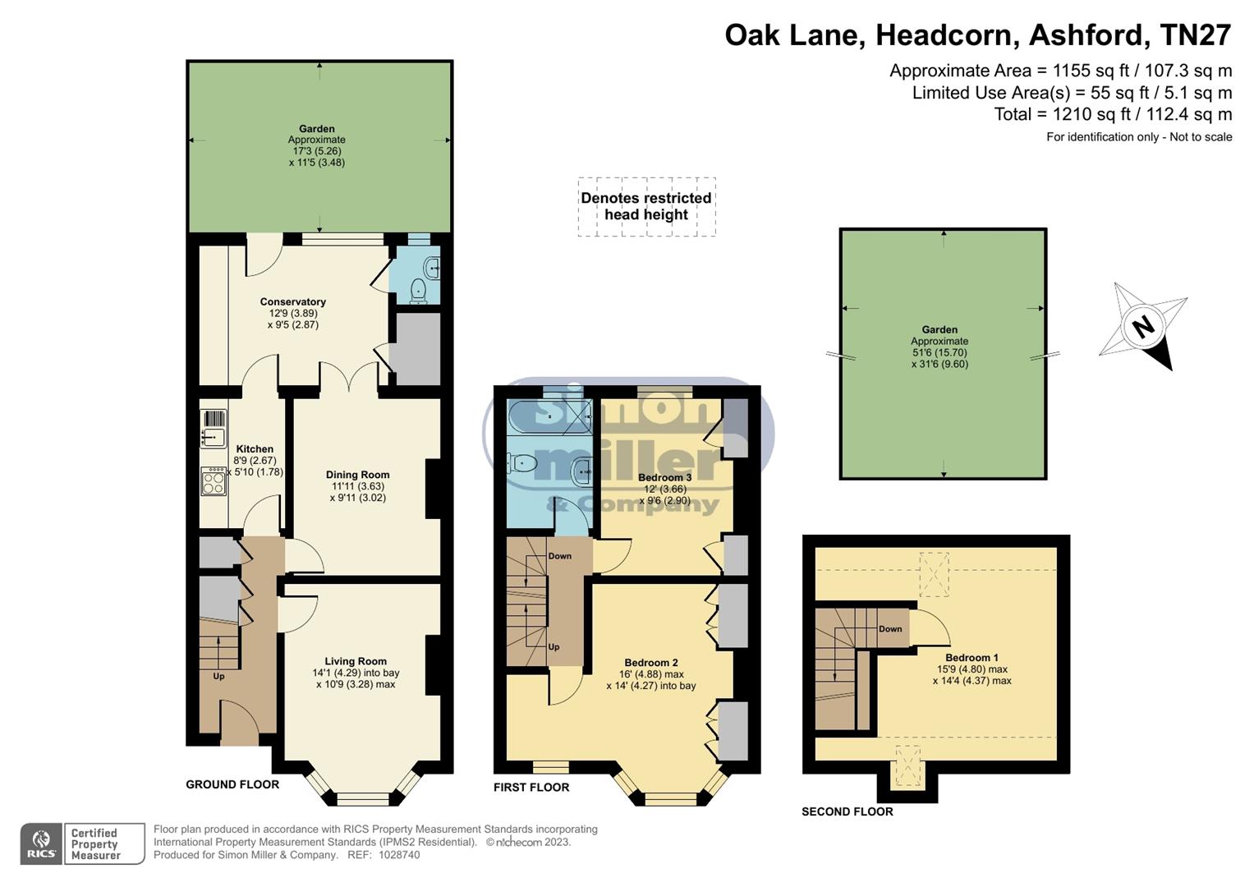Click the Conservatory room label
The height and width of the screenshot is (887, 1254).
click(292, 301)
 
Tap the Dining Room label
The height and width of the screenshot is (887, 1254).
click(357, 475)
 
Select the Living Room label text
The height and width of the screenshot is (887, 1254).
click(355, 661)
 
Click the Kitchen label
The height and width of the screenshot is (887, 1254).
click(255, 449)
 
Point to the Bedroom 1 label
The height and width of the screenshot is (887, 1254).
click(972, 658)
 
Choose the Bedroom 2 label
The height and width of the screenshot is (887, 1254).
click(650, 663)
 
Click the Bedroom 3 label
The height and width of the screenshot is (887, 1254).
click(664, 477)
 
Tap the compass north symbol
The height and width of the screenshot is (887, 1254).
click(1143, 327)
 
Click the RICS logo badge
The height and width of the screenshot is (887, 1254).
click(41, 844)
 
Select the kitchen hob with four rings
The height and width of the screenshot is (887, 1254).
click(214, 481)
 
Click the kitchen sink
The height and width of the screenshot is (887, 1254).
click(214, 437)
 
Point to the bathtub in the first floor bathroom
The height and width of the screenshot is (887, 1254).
click(549, 417)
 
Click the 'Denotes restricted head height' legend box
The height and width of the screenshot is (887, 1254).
click(646, 207)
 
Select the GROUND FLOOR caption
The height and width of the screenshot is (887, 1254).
click(232, 784)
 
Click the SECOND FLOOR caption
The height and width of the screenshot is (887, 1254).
click(847, 811)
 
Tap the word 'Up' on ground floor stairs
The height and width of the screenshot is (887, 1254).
click(218, 677)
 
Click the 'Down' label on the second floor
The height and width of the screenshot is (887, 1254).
click(890, 629)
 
